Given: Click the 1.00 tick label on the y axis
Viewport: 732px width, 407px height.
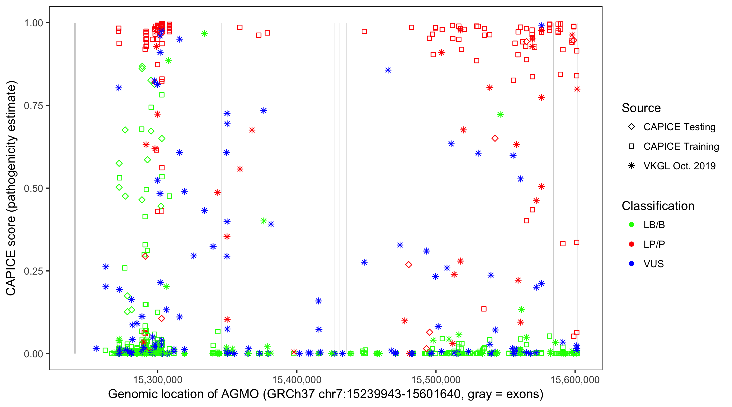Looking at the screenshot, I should [x=33, y=23].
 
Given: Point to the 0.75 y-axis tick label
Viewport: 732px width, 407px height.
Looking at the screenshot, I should [x=33, y=106].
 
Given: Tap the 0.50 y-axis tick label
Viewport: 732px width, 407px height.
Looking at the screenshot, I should [x=33, y=188].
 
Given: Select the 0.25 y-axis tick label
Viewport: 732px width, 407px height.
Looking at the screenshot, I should [x=33, y=271].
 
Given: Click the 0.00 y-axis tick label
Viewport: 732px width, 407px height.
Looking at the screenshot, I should [x=33, y=354].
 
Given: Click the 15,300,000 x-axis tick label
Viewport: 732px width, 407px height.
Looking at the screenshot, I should [x=158, y=380].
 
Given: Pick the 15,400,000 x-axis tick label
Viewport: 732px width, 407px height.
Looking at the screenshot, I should [x=297, y=380].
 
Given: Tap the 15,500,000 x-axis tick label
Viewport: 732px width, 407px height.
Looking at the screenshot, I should [x=436, y=380].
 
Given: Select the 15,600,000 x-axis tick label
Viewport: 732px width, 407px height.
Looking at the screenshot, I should [x=575, y=380].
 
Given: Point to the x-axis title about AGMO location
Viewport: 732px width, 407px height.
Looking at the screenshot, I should [x=326, y=394].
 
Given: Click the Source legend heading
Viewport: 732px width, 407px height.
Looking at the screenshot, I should [x=641, y=108].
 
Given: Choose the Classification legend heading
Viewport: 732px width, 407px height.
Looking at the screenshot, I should [x=658, y=206].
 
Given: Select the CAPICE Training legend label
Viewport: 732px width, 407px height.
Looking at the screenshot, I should [x=681, y=147].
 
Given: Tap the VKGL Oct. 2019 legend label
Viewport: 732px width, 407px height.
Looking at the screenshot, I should [x=679, y=166].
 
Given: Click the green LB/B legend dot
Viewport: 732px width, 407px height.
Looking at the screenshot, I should [x=631, y=225].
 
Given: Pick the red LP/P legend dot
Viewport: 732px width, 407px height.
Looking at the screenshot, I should [x=631, y=244].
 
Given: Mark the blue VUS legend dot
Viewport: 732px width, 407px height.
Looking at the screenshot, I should [x=631, y=264].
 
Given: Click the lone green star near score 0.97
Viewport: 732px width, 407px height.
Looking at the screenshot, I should [x=204, y=34].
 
